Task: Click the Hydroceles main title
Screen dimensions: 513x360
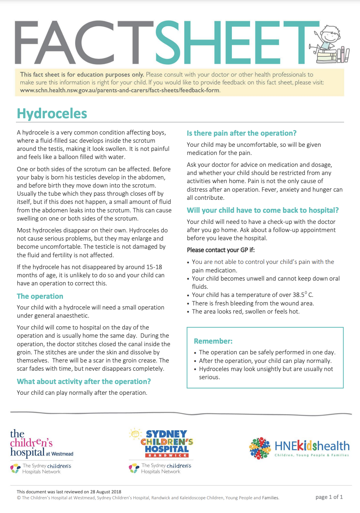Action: pyautogui.click(x=52, y=114)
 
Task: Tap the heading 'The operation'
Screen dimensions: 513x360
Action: pyautogui.click(x=40, y=296)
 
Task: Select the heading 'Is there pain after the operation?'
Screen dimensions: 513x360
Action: pyautogui.click(x=241, y=133)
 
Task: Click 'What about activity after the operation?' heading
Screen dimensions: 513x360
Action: pyautogui.click(x=84, y=381)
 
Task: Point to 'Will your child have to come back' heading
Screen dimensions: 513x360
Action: pyautogui.click(x=263, y=210)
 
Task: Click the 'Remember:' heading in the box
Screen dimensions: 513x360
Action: pyautogui.click(x=213, y=341)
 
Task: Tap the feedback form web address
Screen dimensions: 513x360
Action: pyautogui.click(x=120, y=90)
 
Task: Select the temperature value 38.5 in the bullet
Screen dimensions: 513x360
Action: pyautogui.click(x=299, y=295)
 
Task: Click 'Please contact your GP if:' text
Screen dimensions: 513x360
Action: pyautogui.click(x=221, y=250)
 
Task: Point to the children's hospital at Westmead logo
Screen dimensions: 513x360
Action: pyautogui.click(x=41, y=444)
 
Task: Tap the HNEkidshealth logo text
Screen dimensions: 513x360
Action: pyautogui.click(x=312, y=446)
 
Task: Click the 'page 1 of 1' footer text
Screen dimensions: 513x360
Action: pyautogui.click(x=329, y=497)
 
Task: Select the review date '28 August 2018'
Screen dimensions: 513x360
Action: pyautogui.click(x=106, y=492)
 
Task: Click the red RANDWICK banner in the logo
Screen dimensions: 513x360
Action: pyautogui.click(x=167, y=455)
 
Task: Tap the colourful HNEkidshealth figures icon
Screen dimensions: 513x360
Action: pyautogui.click(x=260, y=448)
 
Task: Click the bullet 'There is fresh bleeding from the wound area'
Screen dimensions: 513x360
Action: pyautogui.click(x=253, y=303)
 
